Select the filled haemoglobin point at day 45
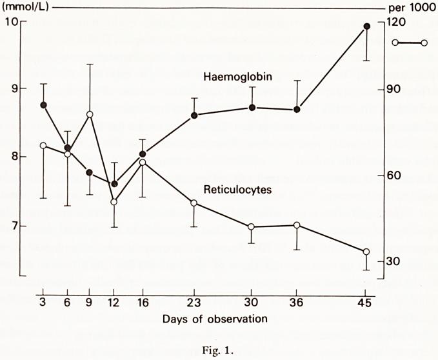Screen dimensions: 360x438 366,26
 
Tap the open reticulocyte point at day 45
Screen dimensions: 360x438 366,252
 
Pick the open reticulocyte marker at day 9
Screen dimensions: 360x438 90,114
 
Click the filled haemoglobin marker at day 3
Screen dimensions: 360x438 43,105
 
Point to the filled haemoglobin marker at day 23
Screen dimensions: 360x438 194,115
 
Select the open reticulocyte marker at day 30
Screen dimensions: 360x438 252,226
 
